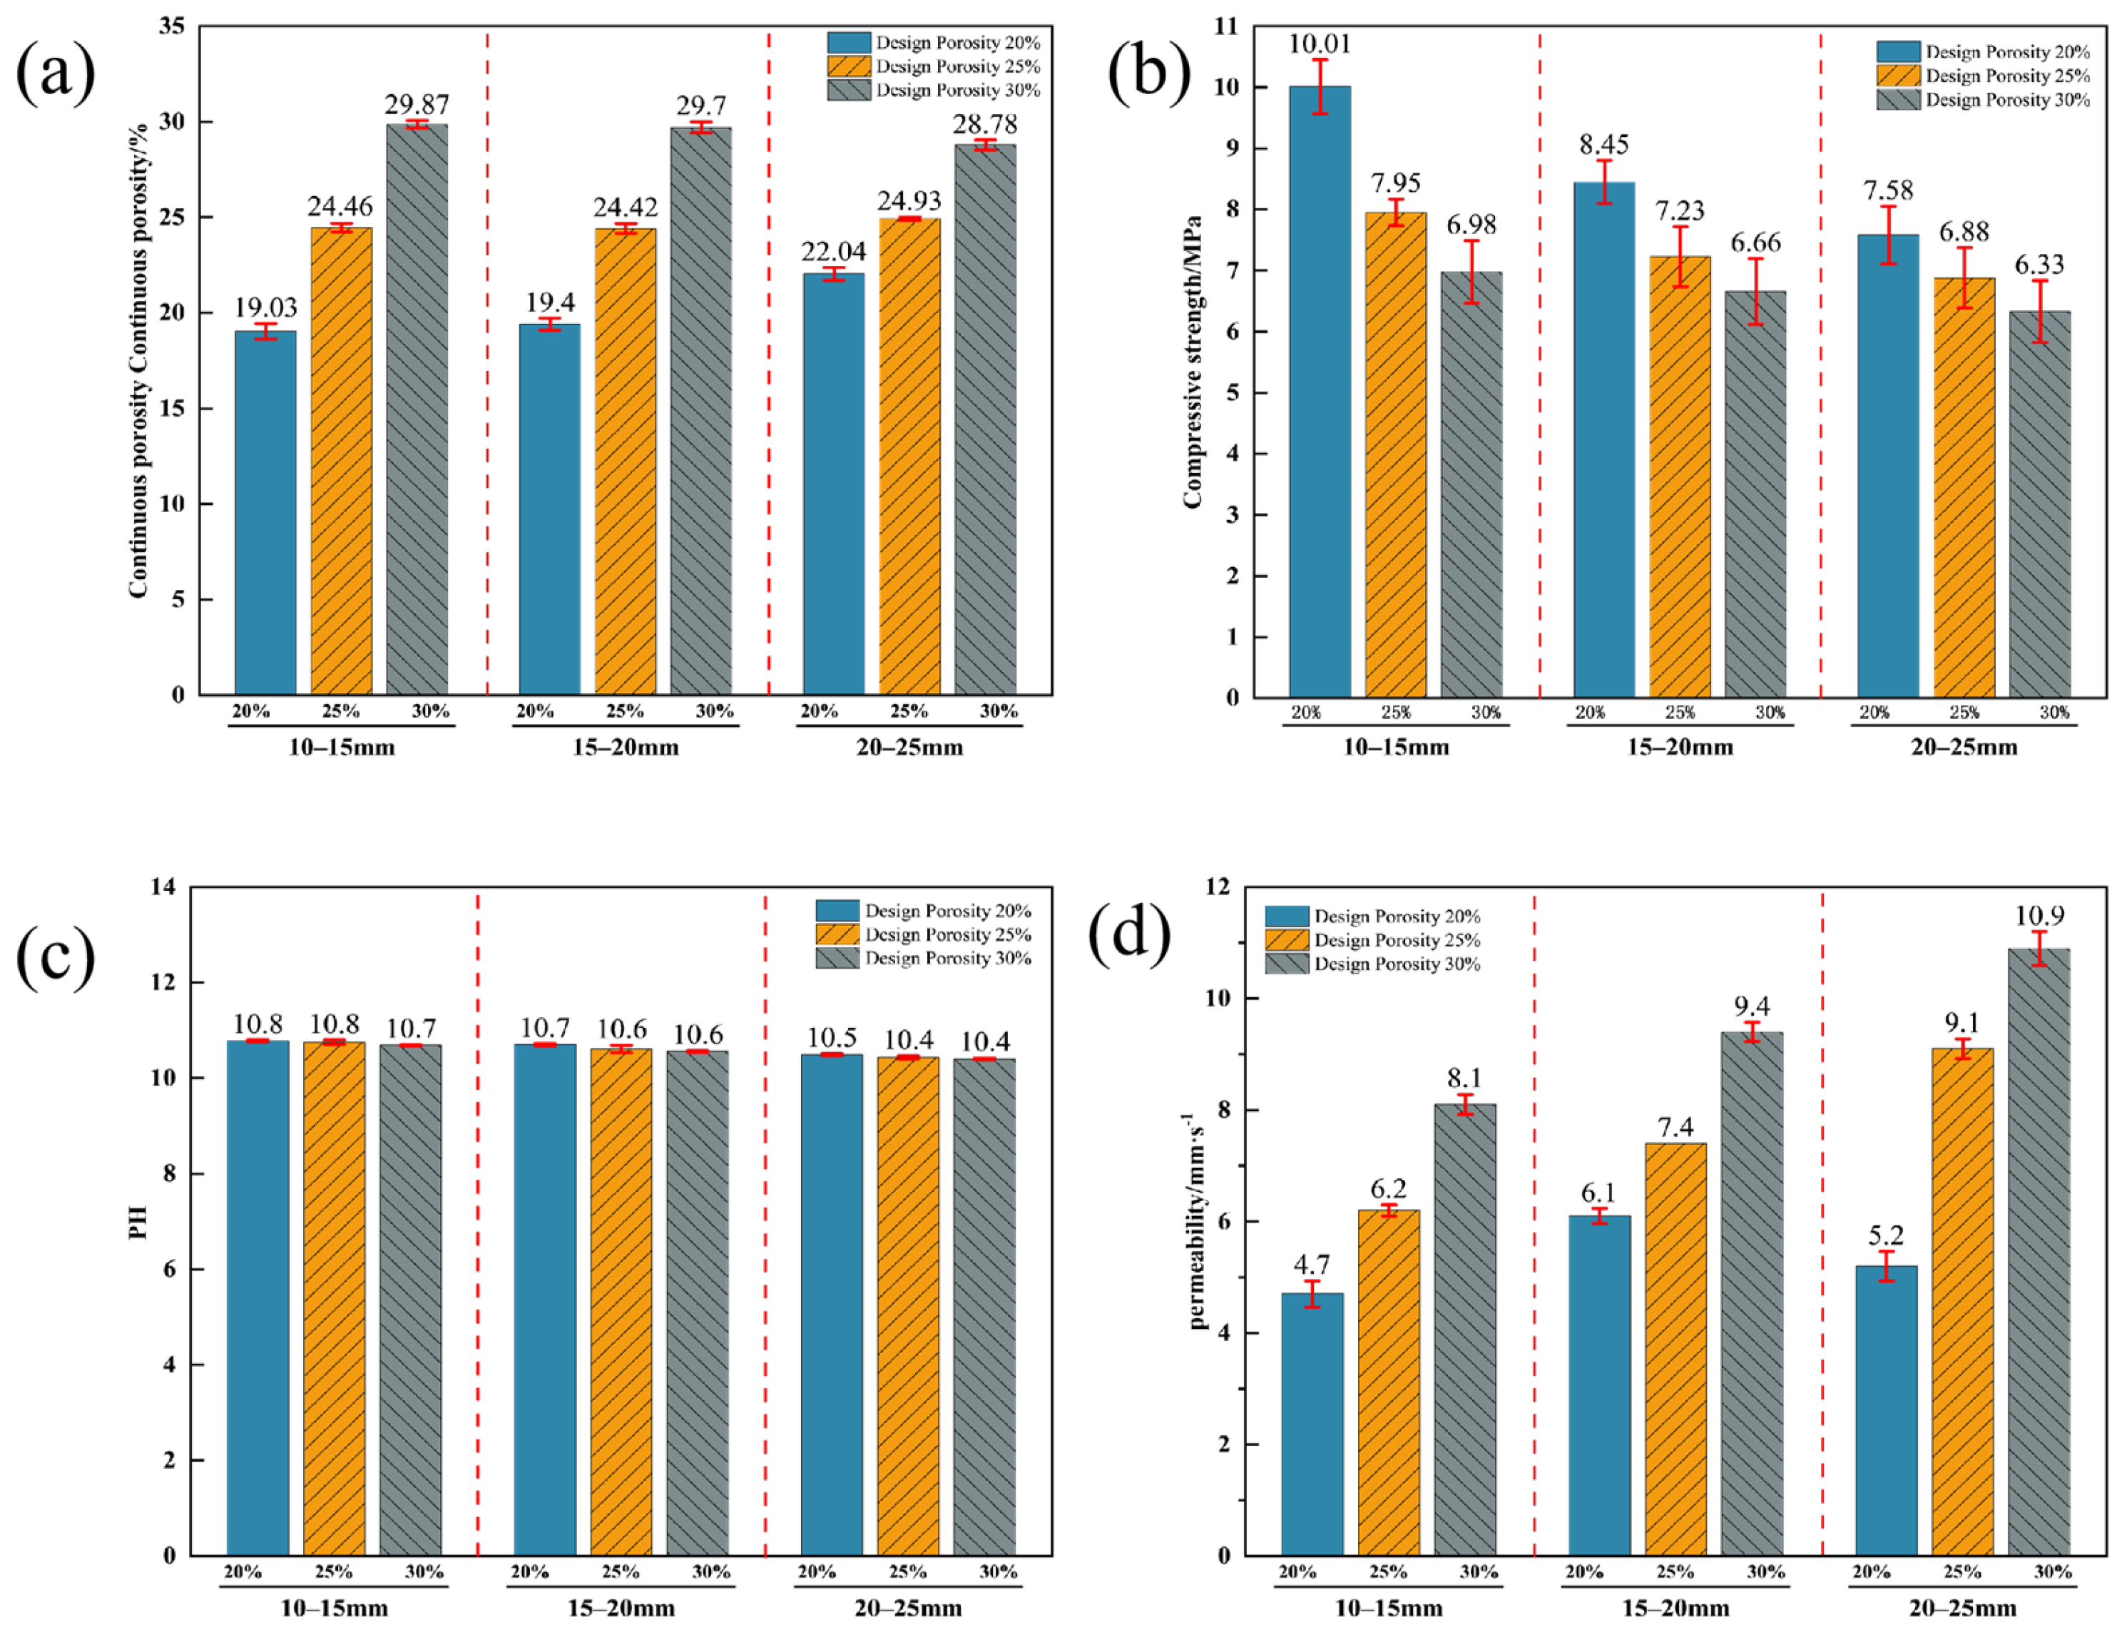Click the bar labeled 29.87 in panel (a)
pos(417,409)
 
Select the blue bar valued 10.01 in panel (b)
pos(1320,389)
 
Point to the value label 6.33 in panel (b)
pos(2039,264)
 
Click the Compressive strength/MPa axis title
pos(1193,360)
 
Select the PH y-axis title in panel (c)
pos(138,1222)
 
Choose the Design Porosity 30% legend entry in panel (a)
pos(933,91)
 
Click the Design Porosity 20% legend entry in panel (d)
pos(1372,917)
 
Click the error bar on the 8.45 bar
pos(1604,182)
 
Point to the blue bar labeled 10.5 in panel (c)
pos(832,1305)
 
